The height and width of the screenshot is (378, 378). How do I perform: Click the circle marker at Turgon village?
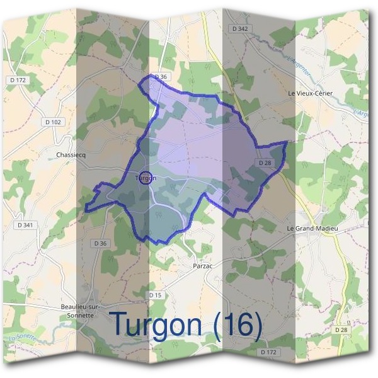(x=145, y=178)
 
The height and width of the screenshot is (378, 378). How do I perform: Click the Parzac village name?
(x=204, y=266)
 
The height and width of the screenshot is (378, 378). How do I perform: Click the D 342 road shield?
(x=239, y=29)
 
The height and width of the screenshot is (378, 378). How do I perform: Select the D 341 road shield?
(x=26, y=224)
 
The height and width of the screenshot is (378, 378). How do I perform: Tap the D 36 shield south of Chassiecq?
(x=100, y=243)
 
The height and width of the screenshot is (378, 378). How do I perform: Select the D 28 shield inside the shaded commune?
(x=265, y=163)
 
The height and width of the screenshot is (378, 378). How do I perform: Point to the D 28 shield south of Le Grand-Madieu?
(x=341, y=329)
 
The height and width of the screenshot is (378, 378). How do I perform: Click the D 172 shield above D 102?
(x=19, y=80)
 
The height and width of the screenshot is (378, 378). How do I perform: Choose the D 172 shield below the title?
(x=268, y=352)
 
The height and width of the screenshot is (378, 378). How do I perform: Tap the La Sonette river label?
(x=23, y=340)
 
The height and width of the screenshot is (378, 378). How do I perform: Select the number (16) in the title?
(x=237, y=324)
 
